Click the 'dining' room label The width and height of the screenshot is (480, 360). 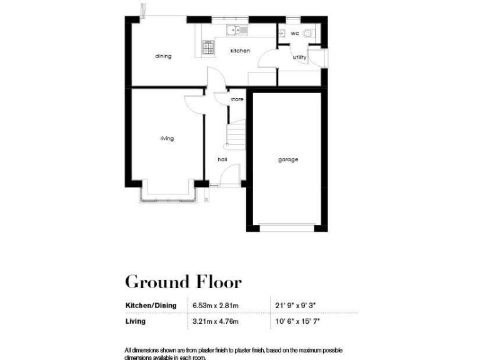tap(163, 56)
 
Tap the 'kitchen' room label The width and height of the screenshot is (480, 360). tap(240, 51)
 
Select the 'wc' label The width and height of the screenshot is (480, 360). tap(294, 33)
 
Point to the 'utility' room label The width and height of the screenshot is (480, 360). tap(300, 57)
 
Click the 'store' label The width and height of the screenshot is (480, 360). tap(237, 99)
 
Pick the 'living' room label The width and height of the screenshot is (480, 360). tap(166, 138)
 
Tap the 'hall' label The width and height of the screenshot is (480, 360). tap(222, 159)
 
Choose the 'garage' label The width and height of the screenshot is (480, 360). tap(288, 159)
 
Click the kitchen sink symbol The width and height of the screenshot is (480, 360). tap(237, 29)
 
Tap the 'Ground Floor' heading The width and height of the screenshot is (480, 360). tap(183, 282)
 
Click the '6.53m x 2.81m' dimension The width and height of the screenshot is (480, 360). tap(216, 305)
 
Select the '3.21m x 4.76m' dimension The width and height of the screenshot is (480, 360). tap(216, 321)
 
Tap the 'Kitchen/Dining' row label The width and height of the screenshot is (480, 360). tap(151, 305)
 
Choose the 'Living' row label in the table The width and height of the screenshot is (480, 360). tap(136, 321)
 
